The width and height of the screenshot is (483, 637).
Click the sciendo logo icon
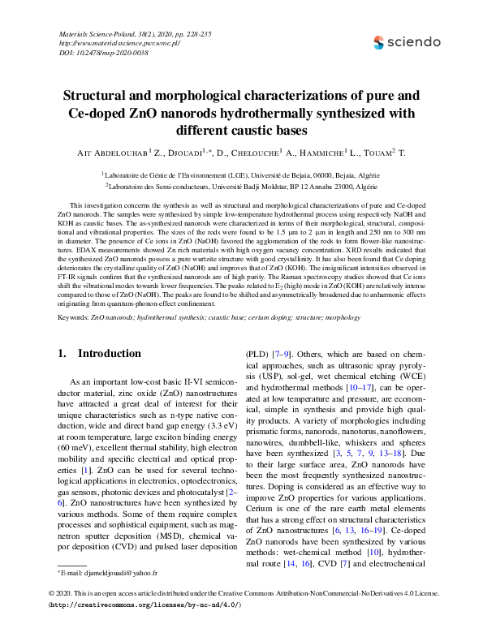[379, 42]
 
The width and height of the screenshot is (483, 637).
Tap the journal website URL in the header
[119, 43]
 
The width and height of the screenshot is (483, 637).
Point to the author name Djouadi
[187, 153]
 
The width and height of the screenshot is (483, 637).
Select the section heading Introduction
[109, 354]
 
